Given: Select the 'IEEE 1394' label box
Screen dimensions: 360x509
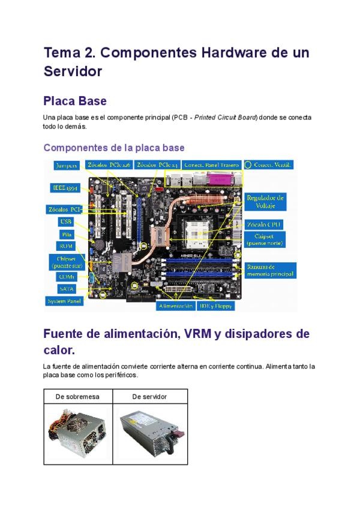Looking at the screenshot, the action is pyautogui.click(x=63, y=188).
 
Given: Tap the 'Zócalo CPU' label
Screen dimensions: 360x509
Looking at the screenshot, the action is pyautogui.click(x=264, y=224).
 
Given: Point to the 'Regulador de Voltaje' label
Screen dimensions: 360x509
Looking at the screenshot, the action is pyautogui.click(x=265, y=201).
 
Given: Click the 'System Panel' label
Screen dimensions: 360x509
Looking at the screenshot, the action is pyautogui.click(x=64, y=301).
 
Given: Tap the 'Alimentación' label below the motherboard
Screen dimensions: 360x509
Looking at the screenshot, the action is pyautogui.click(x=176, y=306).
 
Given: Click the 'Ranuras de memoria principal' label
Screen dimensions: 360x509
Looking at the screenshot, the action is pyautogui.click(x=269, y=271).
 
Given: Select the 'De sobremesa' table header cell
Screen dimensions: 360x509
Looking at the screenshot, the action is pyautogui.click(x=77, y=397).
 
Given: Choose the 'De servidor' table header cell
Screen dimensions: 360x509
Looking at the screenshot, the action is pyautogui.click(x=149, y=397).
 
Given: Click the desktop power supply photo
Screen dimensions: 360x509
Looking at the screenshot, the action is pyautogui.click(x=77, y=433).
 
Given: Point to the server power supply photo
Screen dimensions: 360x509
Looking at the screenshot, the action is pyautogui.click(x=149, y=433).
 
